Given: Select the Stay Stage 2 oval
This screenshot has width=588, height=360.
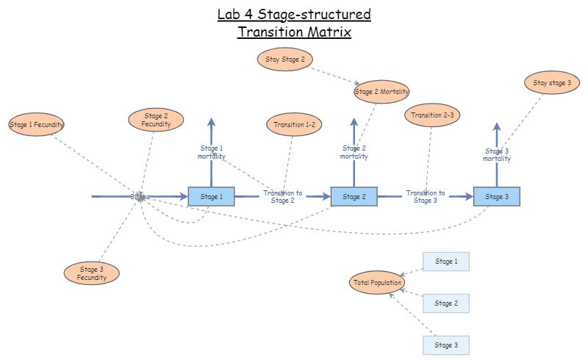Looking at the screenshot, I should point(284,60).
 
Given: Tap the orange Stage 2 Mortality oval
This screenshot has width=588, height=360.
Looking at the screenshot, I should point(381,92).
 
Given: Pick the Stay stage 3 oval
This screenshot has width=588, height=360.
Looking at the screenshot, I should point(552,83).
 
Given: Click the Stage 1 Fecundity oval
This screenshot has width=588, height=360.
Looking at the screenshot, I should point(37,125).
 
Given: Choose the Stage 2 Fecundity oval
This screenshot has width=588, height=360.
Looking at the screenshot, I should point(156,120).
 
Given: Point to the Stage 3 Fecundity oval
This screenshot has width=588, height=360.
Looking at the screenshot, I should point(91,273).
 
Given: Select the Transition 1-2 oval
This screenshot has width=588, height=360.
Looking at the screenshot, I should point(294,125).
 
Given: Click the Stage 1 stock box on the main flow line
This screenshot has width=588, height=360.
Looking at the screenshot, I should point(211,196).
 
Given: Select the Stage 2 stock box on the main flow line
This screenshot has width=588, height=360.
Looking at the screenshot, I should point(354,196).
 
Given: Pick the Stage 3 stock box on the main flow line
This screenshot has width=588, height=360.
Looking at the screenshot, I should point(496,196).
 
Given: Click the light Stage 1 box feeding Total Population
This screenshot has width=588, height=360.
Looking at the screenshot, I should point(445,262).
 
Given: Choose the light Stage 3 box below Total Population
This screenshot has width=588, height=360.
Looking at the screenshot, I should point(445,345).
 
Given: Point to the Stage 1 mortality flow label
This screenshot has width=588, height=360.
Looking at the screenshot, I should point(211,152).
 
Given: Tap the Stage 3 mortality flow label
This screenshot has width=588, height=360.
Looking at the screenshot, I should point(496,154).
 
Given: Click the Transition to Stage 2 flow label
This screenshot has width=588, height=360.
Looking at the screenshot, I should point(282,196).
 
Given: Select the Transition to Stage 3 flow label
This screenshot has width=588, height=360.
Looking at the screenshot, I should point(425,196).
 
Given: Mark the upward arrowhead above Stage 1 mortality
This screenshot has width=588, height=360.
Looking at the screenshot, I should point(211,123).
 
